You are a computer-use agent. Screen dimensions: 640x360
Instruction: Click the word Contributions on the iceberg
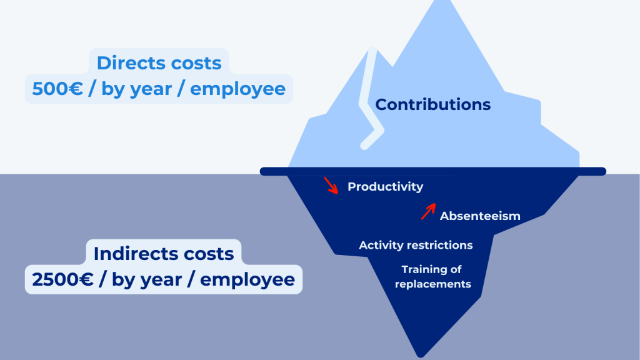[432, 104]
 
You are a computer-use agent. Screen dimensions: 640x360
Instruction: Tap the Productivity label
[385, 187]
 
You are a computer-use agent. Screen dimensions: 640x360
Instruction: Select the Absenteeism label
[480, 216]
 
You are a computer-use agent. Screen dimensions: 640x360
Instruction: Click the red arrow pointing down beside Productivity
[331, 185]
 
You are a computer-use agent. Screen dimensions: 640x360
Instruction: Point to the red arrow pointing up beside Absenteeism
[428, 211]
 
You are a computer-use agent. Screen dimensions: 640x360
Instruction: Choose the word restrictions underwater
[439, 245]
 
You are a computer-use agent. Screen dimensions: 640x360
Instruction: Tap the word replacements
[433, 284]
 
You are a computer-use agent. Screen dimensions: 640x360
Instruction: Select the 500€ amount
[57, 89]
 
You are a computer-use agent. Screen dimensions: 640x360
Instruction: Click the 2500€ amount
[63, 279]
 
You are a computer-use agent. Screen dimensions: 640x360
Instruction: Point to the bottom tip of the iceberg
[421, 356]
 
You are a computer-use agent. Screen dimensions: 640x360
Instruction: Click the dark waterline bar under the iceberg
[433, 171]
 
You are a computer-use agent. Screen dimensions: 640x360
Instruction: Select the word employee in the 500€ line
[238, 89]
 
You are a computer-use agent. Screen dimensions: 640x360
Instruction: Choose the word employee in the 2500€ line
[247, 280]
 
